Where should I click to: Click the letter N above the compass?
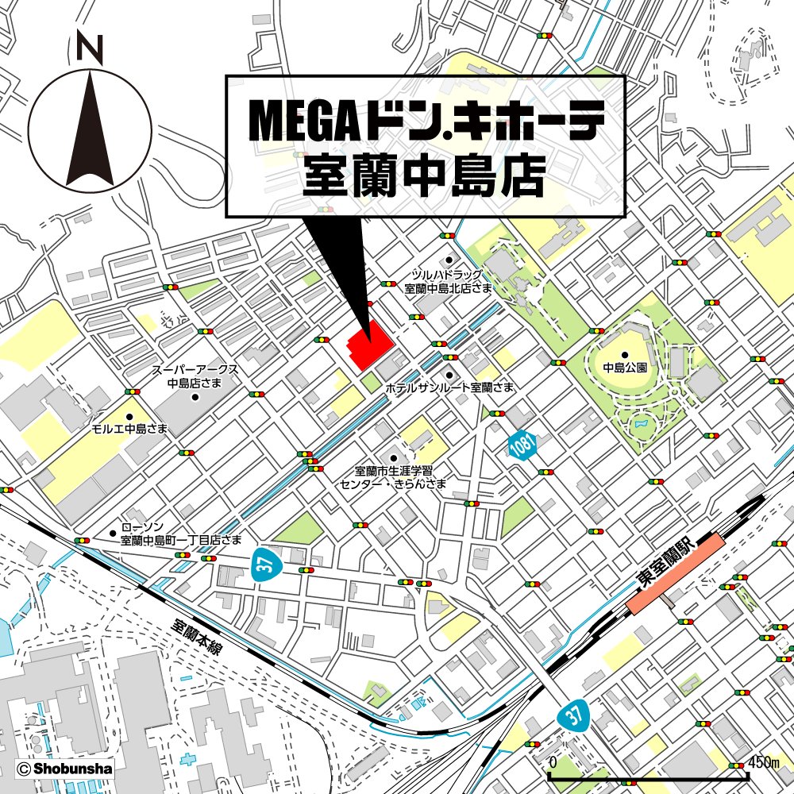(x=90, y=50)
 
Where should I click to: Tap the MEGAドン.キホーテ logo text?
(x=427, y=119)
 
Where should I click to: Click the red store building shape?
(x=370, y=348)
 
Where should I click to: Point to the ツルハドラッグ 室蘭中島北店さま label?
(x=448, y=281)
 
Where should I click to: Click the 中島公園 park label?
(x=625, y=368)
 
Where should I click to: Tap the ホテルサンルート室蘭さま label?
(x=449, y=387)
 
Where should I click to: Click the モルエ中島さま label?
(x=129, y=428)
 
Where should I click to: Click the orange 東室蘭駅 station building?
(x=676, y=573)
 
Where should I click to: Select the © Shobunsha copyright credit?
(x=64, y=769)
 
